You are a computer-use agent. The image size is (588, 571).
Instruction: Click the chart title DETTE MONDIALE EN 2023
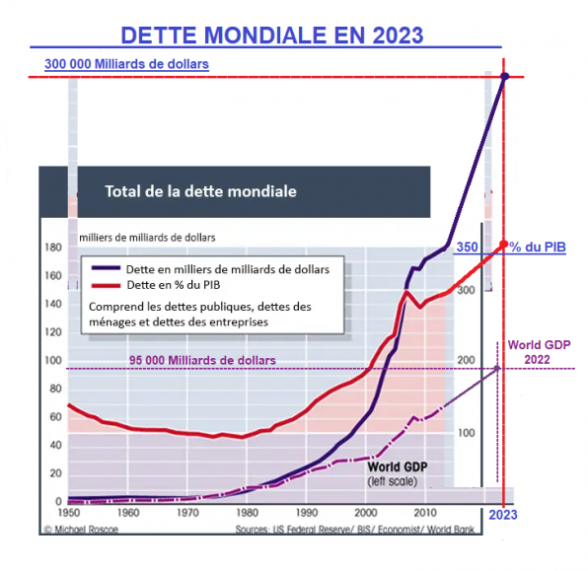(271, 36)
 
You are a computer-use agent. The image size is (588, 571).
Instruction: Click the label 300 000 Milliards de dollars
(126, 64)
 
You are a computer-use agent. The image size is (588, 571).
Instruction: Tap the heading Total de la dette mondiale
(200, 190)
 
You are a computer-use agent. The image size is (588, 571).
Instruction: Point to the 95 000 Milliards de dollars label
(202, 359)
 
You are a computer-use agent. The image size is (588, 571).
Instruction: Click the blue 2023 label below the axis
(502, 515)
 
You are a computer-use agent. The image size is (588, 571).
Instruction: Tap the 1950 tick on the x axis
(68, 514)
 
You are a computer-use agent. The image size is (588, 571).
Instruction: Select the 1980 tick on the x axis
(247, 514)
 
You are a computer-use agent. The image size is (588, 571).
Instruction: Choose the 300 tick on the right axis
(464, 290)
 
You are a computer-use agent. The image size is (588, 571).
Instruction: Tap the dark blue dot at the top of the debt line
(505, 76)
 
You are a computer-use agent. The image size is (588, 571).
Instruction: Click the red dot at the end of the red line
(504, 245)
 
